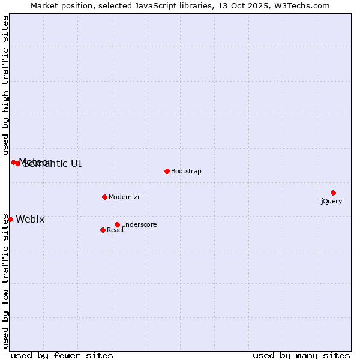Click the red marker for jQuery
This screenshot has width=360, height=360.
(x=333, y=193)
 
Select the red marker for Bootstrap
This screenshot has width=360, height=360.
(x=167, y=171)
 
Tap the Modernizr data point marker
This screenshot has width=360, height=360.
(x=104, y=197)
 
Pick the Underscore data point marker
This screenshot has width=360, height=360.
(x=117, y=224)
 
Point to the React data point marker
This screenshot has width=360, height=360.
(x=103, y=230)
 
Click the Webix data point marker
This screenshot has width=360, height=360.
(x=10, y=219)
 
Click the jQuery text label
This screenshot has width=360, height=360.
(x=331, y=201)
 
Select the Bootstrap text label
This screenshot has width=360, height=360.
(x=186, y=171)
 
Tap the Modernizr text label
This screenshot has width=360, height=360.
(x=124, y=197)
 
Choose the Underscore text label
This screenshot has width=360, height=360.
(x=139, y=224)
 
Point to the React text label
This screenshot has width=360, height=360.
(x=116, y=230)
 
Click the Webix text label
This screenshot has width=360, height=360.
(x=30, y=219)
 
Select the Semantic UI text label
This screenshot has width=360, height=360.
(x=53, y=163)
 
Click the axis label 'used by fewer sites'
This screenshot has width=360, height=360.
(x=62, y=355)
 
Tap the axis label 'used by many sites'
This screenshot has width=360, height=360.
(x=301, y=355)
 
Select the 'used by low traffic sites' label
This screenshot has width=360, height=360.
(x=5, y=280)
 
